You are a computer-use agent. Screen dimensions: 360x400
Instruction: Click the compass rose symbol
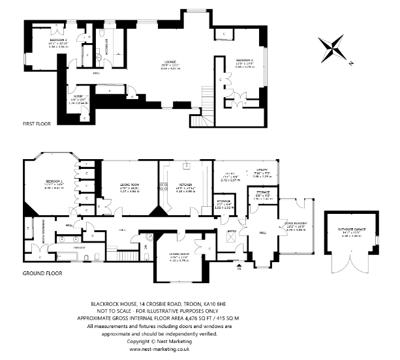334,50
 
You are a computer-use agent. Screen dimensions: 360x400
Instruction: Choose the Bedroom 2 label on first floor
245,61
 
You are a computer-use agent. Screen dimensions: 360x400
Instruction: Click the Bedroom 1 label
54,181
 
